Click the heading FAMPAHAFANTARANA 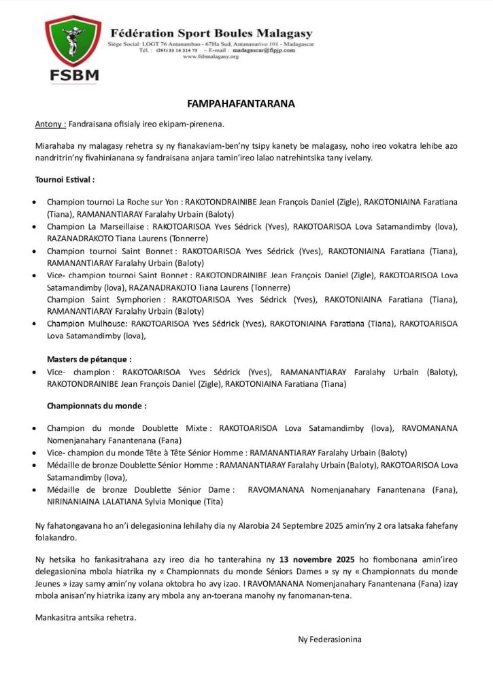(x=241, y=104)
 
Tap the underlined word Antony (x=50, y=125)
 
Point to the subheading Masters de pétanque (x=89, y=359)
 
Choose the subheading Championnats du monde (x=97, y=406)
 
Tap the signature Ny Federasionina (x=330, y=639)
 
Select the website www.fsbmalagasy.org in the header (x=211, y=57)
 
